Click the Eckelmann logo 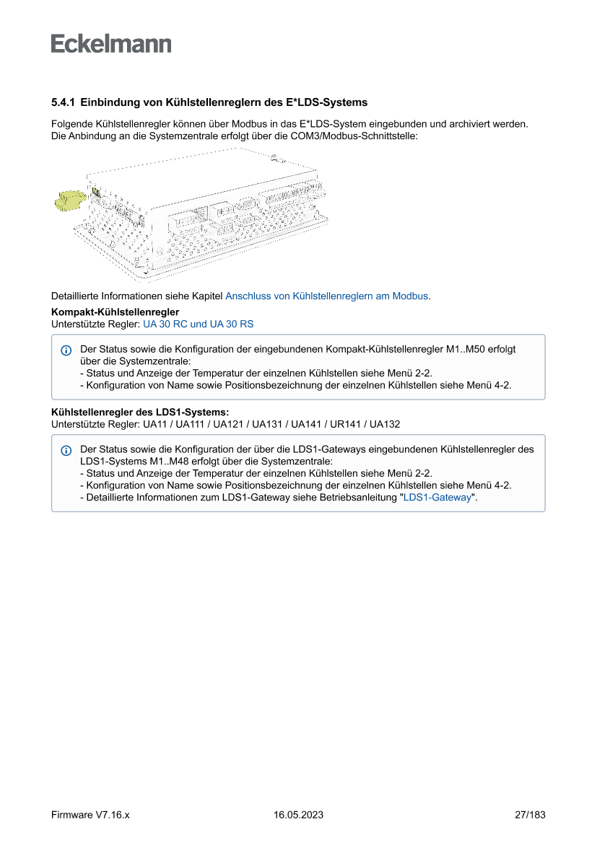tap(111, 44)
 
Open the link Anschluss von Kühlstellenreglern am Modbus tap(327, 296)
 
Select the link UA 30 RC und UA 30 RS tap(199, 325)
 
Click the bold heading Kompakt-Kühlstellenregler tap(115, 312)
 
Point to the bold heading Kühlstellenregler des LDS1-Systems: tap(140, 412)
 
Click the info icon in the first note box tap(66, 350)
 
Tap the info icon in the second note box tap(66, 450)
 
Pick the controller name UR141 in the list tap(346, 424)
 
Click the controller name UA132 tap(385, 424)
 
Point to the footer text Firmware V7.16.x tap(90, 815)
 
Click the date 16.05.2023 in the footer tap(298, 815)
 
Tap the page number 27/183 tap(530, 815)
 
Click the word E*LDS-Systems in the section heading tap(334, 103)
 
